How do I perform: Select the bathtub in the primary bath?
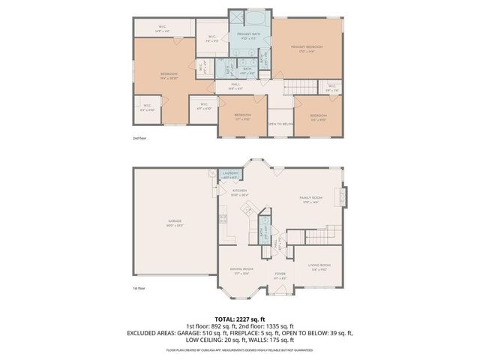[249, 17]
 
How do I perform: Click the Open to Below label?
[280, 124]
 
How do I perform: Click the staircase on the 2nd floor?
[304, 86]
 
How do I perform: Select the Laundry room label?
[231, 175]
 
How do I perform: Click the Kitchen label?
[239, 193]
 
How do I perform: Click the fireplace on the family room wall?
[343, 196]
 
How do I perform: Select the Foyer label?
[280, 275]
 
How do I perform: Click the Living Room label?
[319, 267]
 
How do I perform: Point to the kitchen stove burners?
[223, 219]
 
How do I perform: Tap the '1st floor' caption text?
[139, 288]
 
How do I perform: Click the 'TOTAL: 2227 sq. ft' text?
[240, 319]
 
